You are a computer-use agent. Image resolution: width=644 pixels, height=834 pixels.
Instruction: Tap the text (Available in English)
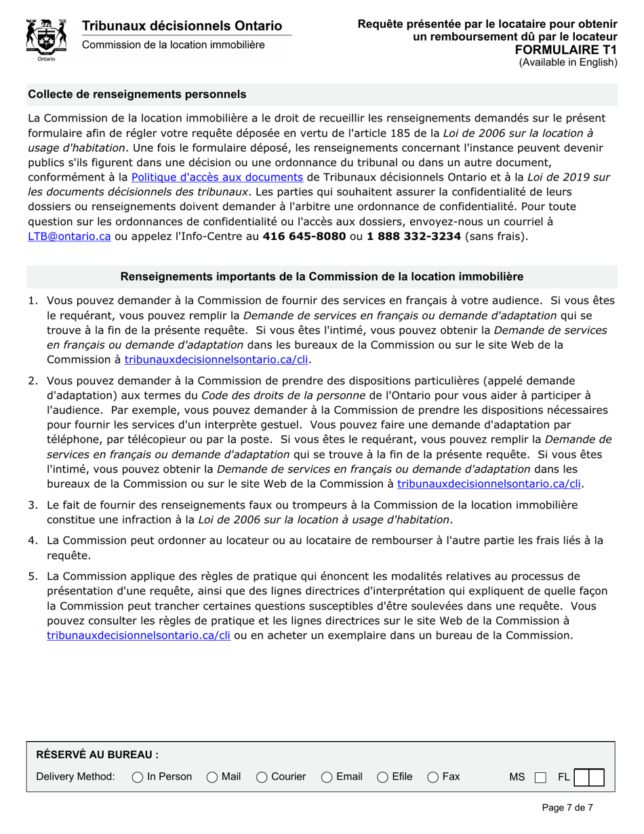click(x=568, y=62)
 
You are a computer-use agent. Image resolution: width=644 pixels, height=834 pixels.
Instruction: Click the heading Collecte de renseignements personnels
click(x=137, y=94)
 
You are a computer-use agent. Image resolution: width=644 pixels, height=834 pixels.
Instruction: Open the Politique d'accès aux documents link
click(x=216, y=178)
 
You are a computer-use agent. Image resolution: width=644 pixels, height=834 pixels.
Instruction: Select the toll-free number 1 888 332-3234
click(x=414, y=237)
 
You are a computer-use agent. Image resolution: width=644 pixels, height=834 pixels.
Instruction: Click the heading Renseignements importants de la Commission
click(x=321, y=277)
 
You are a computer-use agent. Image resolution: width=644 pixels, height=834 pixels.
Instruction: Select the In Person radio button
click(x=138, y=776)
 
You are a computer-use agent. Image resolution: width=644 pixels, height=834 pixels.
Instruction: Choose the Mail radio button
click(x=212, y=776)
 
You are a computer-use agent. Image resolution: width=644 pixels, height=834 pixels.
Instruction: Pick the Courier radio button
click(x=262, y=776)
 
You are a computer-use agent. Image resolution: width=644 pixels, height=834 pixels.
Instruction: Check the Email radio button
click(x=327, y=776)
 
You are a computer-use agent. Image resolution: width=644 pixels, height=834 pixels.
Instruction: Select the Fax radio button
click(x=432, y=776)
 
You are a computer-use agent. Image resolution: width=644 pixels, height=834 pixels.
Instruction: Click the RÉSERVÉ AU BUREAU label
click(x=97, y=754)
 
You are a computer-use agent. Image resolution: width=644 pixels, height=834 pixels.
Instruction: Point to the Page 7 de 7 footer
click(x=567, y=808)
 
